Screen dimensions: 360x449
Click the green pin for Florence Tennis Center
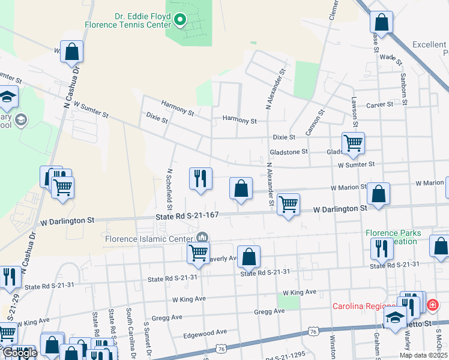click(179, 22)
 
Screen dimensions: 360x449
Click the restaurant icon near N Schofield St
click(200, 178)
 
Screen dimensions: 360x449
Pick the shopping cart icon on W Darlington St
click(289, 204)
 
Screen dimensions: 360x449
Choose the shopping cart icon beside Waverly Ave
click(198, 252)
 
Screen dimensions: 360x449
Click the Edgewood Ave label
click(205, 332)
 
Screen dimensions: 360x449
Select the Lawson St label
click(354, 115)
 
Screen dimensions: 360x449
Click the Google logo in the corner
click(19, 353)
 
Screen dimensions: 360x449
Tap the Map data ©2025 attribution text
click(423, 355)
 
